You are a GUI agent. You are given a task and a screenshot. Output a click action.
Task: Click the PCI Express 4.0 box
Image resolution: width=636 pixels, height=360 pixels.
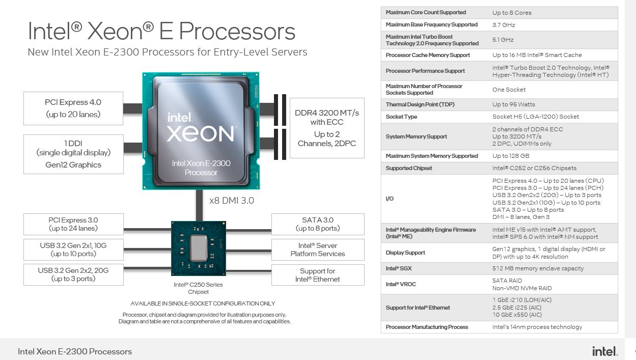[x=73, y=108]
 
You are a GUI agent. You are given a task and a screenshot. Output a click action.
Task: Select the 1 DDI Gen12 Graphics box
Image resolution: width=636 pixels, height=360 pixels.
[x=73, y=154]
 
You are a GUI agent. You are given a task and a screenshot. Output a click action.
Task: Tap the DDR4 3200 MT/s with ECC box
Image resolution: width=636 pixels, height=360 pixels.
[x=327, y=128]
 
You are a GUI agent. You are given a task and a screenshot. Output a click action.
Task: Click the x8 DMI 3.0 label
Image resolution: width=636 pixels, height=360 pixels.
[x=232, y=201]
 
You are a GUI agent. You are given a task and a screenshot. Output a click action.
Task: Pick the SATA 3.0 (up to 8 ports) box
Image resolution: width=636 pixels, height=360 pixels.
[x=318, y=224]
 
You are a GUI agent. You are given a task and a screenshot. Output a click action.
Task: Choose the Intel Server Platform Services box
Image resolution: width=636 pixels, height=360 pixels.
[x=318, y=250]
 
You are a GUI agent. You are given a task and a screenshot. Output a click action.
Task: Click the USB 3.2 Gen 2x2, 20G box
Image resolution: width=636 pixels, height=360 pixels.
[x=73, y=274]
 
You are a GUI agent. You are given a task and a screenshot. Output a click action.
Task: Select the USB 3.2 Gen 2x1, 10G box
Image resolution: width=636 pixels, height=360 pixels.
[x=73, y=250]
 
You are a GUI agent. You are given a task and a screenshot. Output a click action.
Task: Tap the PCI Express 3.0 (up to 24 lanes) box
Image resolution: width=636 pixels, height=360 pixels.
[x=73, y=224]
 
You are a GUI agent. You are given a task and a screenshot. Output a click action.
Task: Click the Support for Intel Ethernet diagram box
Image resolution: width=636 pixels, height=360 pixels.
[x=318, y=275]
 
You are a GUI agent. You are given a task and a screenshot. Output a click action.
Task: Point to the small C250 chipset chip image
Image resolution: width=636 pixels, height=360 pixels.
[x=199, y=248]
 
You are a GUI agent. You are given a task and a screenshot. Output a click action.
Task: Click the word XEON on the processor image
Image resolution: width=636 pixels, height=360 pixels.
[x=201, y=134]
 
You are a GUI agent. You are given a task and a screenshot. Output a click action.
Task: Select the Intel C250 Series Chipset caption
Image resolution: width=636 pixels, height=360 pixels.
[x=198, y=288]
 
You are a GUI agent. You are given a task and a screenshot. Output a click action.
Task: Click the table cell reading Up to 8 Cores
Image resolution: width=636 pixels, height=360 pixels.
[x=512, y=13]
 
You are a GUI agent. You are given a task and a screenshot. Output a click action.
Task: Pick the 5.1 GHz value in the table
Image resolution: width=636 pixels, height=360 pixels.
[x=503, y=40]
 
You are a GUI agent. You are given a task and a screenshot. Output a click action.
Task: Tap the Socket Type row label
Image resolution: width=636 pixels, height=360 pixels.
[x=401, y=117]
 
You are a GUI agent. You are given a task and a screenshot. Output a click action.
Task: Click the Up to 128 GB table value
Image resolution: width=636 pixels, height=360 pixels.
[x=511, y=156]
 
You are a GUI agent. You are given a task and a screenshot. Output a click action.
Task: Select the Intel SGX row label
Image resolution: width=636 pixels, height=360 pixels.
[x=398, y=268]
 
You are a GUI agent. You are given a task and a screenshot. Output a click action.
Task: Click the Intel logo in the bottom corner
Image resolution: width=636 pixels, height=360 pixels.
[x=605, y=351]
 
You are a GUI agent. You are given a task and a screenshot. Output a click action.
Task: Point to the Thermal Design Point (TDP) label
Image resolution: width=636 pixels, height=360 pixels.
[x=420, y=104]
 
